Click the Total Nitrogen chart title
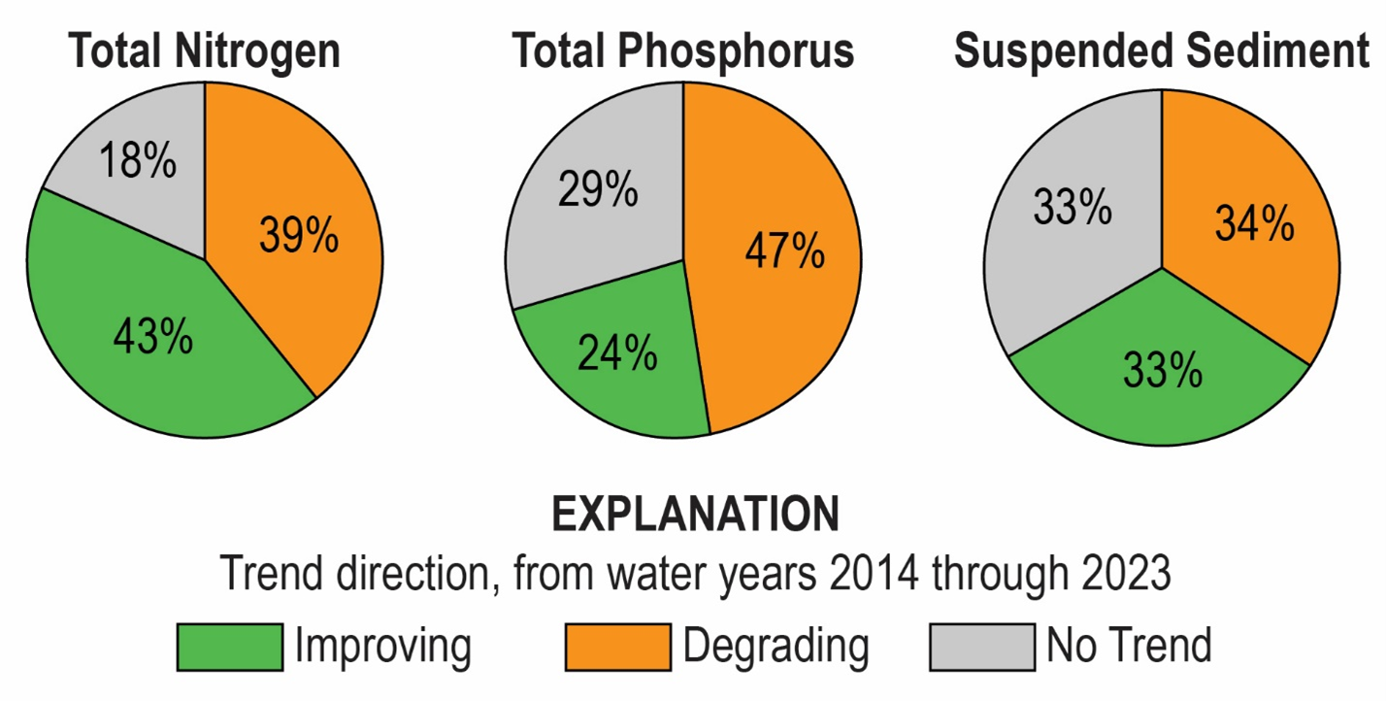tap(205, 50)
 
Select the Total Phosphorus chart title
tap(683, 50)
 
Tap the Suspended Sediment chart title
tap(1162, 50)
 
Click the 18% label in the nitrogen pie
tap(138, 161)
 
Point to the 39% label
tap(299, 235)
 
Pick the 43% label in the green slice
tap(152, 336)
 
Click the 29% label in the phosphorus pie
tap(598, 189)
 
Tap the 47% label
tap(784, 251)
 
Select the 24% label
tap(617, 354)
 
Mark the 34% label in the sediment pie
tap(1254, 224)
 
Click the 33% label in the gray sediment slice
tap(1072, 208)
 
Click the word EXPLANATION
tap(696, 515)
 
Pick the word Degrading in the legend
tap(775, 646)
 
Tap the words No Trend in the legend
tap(1129, 646)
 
